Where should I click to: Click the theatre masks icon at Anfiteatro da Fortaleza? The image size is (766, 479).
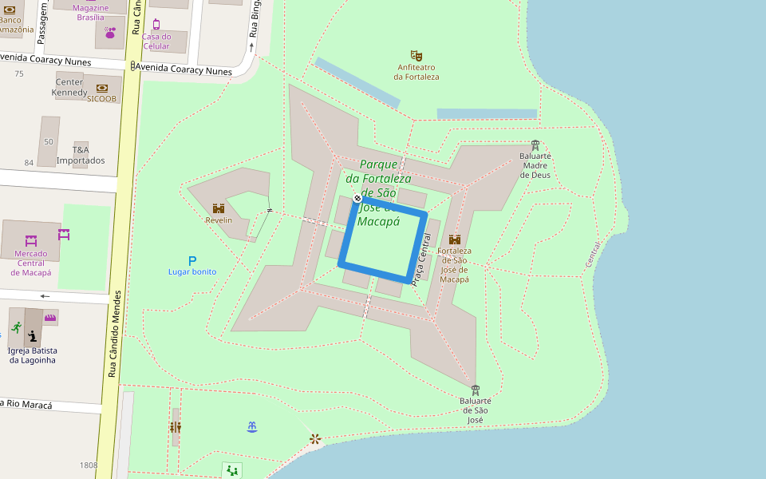click(x=416, y=56)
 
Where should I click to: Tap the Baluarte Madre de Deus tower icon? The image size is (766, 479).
click(x=535, y=145)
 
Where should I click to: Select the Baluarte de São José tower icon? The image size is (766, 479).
click(x=476, y=390)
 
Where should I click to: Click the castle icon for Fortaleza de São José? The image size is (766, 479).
click(x=455, y=239)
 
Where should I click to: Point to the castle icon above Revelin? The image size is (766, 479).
click(x=219, y=208)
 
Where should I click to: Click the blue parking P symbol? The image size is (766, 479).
click(x=191, y=260)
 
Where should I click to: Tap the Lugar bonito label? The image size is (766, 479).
click(x=191, y=272)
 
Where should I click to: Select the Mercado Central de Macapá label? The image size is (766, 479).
click(x=30, y=263)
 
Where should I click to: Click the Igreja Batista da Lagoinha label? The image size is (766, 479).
click(x=34, y=355)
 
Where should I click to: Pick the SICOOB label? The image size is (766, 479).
click(x=101, y=99)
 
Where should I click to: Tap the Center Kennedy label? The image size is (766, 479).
click(x=70, y=87)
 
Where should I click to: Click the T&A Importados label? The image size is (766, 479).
click(x=81, y=155)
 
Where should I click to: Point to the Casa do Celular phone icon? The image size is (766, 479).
click(x=156, y=24)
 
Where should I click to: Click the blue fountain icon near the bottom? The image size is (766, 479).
click(x=252, y=427)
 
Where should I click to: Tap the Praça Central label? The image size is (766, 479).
click(x=425, y=259)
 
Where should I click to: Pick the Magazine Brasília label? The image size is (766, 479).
click(x=90, y=12)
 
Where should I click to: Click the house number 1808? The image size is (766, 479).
click(x=89, y=465)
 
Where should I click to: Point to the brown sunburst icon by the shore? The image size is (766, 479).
click(x=315, y=438)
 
